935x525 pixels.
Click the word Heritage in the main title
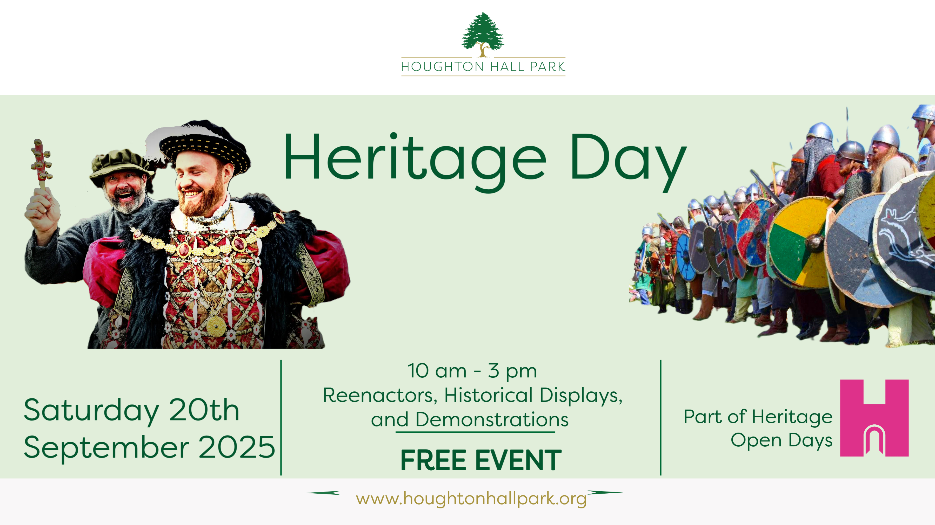tap(415, 161)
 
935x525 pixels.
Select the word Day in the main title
tap(628, 161)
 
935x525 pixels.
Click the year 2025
tap(237, 447)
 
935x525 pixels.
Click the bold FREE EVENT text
tap(481, 460)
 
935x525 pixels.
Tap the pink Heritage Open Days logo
tap(874, 418)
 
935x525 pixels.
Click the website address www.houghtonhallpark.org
tap(471, 499)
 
